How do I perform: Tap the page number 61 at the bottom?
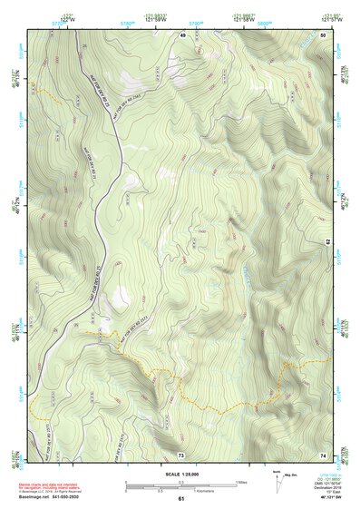coord(181,499)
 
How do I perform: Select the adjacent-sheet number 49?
coord(181,34)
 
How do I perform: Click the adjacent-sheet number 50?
coord(325,34)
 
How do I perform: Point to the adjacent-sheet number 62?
coord(327,241)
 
